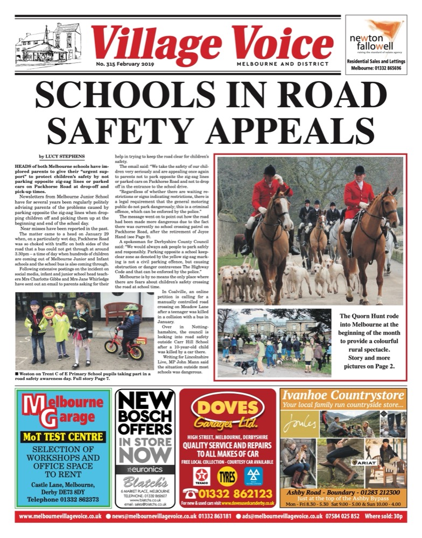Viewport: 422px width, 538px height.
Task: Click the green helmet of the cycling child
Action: pos(131,308)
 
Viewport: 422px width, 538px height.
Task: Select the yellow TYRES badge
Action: pos(227,476)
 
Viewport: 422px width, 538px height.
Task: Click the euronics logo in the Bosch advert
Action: pos(145,469)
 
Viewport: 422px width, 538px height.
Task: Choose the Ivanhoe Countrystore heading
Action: pos(342,396)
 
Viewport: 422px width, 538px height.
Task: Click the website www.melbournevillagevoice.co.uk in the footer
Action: pos(60,516)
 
